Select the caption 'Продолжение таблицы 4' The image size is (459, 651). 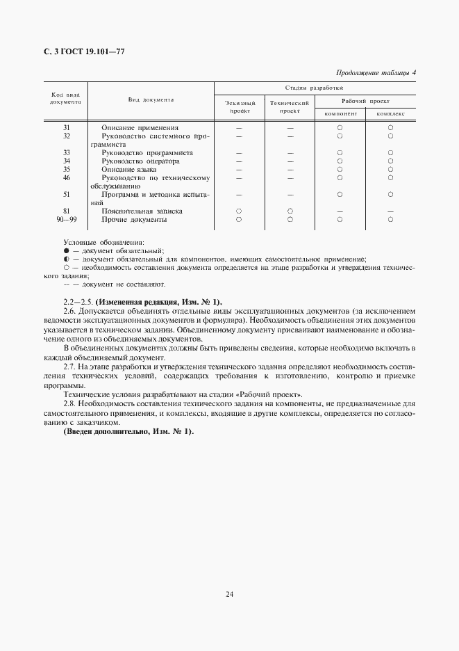[376, 72]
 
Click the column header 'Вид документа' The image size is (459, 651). [151, 100]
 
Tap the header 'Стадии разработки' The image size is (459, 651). [315, 88]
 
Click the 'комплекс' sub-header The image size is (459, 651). [391, 113]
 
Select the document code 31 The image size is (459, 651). [67, 128]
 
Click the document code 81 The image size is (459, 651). [67, 211]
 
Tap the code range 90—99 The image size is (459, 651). [67, 220]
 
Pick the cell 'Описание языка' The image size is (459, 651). [128, 169]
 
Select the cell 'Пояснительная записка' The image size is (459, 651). [142, 211]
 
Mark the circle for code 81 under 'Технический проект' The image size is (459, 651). [290, 211]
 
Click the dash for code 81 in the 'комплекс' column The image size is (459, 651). [390, 211]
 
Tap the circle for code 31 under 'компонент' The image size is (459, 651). [340, 128]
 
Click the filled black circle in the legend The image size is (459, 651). [67, 250]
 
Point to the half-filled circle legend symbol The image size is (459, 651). [67, 258]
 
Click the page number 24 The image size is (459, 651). [228, 593]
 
